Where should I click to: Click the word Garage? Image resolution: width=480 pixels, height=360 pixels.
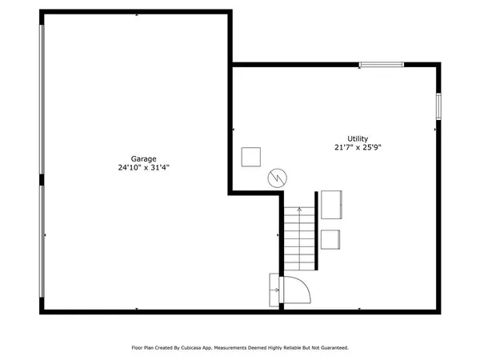(133, 158)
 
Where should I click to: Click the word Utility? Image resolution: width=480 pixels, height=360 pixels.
(357, 138)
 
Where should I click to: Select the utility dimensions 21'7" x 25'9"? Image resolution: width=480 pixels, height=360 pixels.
(358, 148)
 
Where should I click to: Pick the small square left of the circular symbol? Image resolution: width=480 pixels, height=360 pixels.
(251, 155)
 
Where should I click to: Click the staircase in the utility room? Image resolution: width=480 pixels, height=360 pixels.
(300, 238)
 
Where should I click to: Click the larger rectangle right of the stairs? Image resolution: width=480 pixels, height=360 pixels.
(332, 204)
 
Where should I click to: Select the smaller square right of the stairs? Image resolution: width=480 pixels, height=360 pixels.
(330, 239)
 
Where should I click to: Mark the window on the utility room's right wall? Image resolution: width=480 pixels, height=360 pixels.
(438, 106)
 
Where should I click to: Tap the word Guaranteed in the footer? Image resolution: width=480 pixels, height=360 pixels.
(334, 348)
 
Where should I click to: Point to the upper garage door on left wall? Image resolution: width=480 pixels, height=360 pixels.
(42, 103)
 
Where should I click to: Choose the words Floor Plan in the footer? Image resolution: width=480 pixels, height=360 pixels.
(144, 348)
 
